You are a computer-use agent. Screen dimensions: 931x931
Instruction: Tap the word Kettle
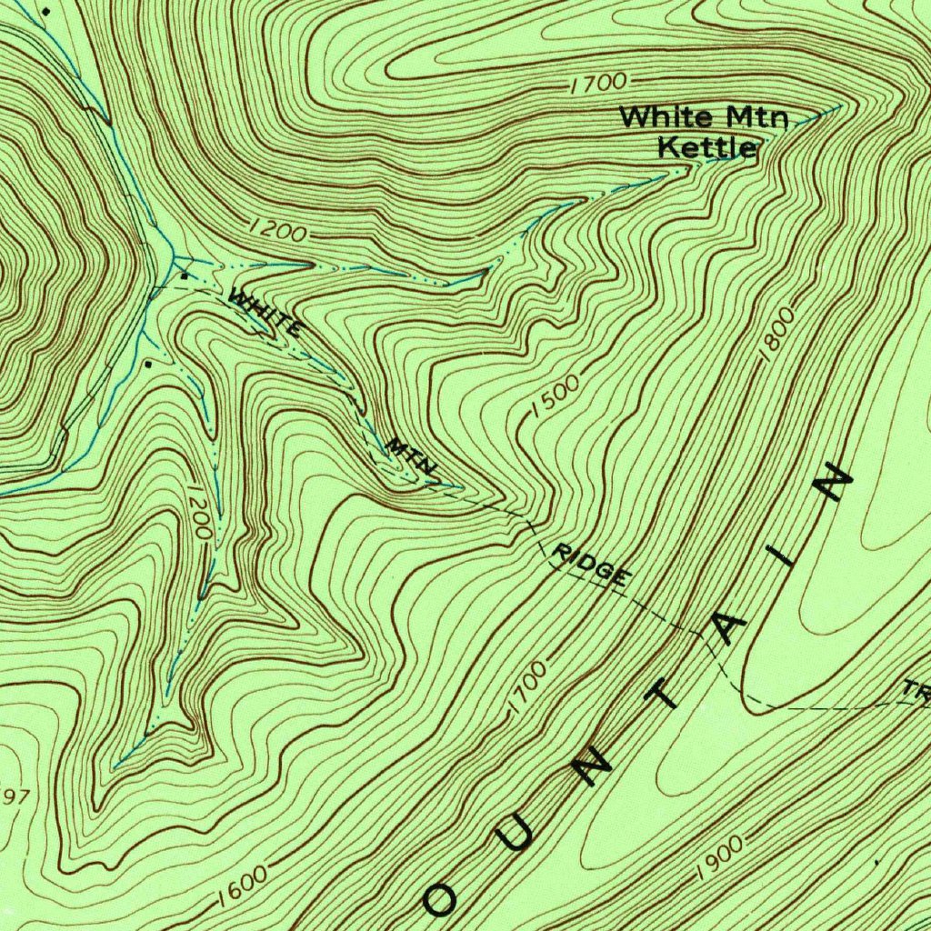coord(707,146)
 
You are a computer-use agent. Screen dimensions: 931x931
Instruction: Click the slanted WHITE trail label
coord(265,312)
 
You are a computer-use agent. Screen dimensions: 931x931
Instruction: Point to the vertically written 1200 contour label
coord(201,513)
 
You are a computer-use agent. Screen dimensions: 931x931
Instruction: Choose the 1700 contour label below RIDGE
coord(527,687)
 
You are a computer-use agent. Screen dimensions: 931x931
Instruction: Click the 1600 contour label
coord(243,886)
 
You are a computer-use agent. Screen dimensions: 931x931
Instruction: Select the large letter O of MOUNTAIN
coord(443,899)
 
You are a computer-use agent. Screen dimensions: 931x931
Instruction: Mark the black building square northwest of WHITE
coord(185,275)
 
